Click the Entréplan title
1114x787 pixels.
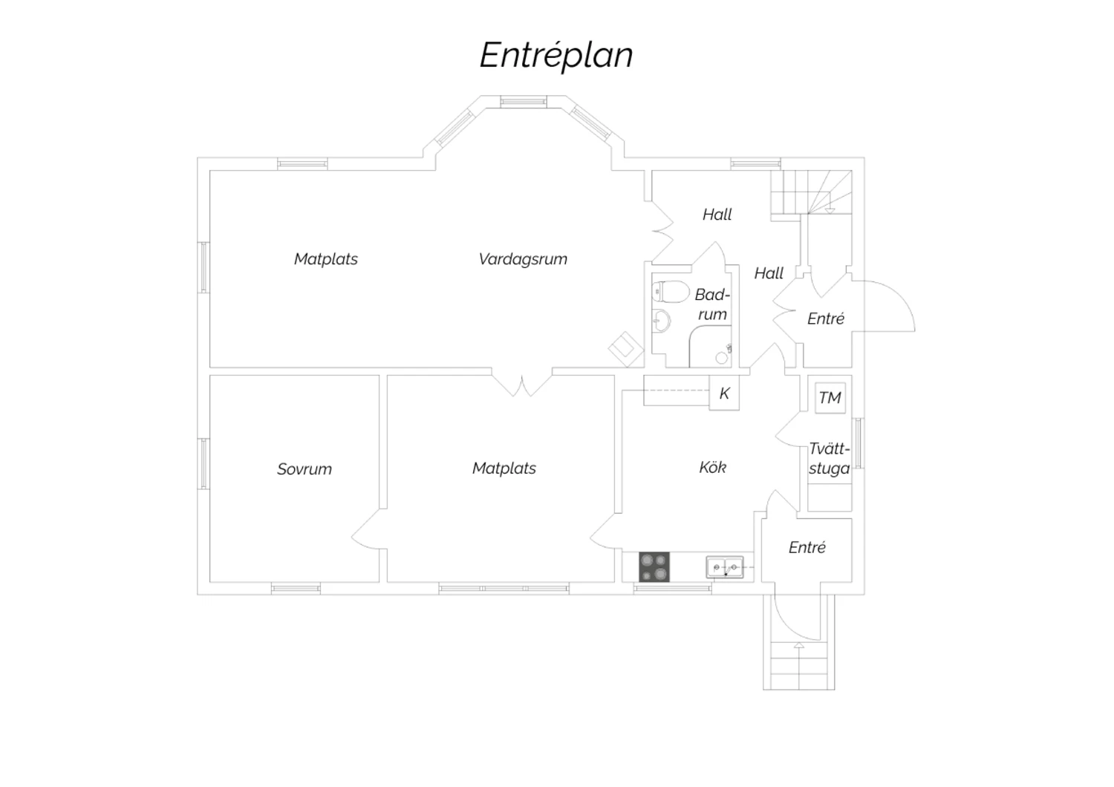[x=556, y=55]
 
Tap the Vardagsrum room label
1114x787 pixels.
[x=523, y=259]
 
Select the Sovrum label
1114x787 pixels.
[x=304, y=469]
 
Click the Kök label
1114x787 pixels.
[x=713, y=468]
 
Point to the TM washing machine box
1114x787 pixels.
[x=830, y=398]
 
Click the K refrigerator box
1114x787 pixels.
[x=724, y=393]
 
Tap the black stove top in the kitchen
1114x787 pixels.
[x=654, y=567]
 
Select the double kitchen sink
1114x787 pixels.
[x=724, y=567]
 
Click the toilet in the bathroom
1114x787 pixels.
[x=667, y=292]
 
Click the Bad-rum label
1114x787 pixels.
[x=712, y=304]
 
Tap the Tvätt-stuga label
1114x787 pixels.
[x=829, y=459]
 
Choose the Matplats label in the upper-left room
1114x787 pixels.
[x=326, y=259]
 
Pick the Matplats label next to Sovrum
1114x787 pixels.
[x=504, y=468]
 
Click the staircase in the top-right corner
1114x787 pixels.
[x=811, y=192]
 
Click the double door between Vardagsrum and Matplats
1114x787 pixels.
[x=522, y=384]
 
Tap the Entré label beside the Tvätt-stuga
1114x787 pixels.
[x=807, y=548]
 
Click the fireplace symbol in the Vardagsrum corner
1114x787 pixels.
[x=626, y=348]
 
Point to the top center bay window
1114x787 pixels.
[x=523, y=102]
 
